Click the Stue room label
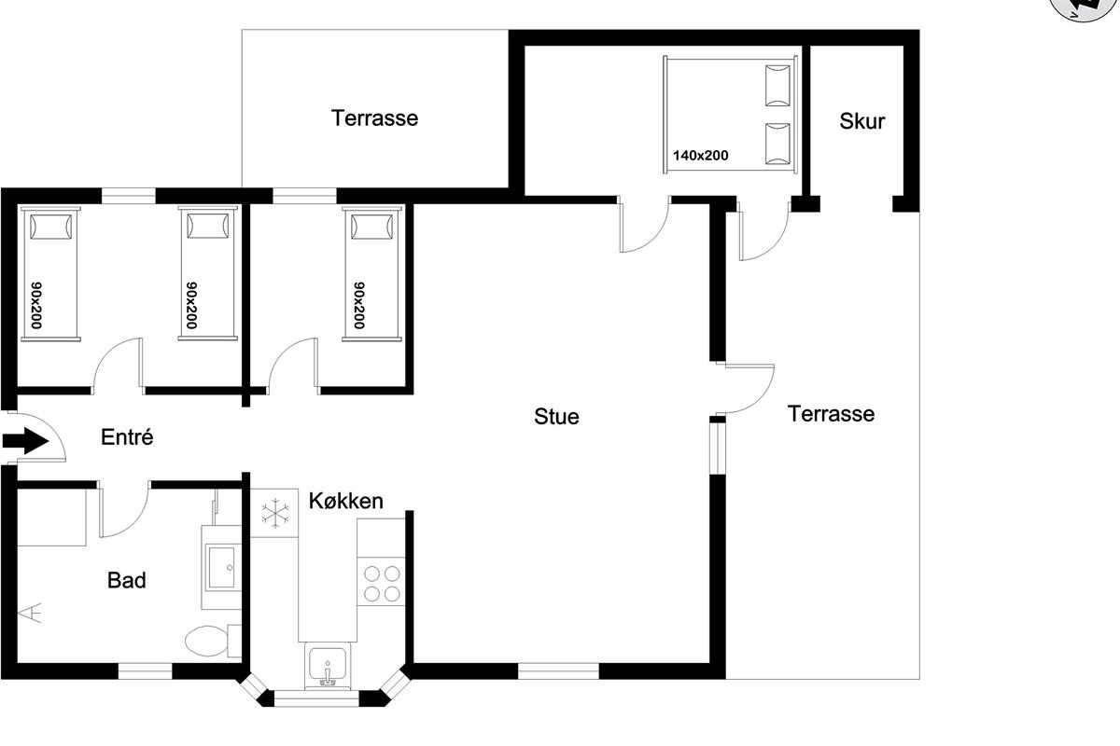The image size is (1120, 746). click(556, 417)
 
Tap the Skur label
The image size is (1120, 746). click(862, 121)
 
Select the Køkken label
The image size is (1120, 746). click(346, 501)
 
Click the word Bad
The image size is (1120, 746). click(127, 581)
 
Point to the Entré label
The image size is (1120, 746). click(127, 437)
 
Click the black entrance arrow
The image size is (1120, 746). click(25, 441)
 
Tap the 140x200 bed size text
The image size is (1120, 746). click(701, 156)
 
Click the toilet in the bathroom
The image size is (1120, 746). click(213, 641)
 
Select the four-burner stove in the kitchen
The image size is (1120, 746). click(382, 583)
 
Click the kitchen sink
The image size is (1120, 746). click(328, 665)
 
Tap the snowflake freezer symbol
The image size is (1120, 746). click(275, 513)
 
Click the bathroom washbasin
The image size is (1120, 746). click(221, 568)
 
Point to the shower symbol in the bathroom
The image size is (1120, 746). click(31, 613)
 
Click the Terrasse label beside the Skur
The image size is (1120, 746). click(831, 414)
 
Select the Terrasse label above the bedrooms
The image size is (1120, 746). click(374, 118)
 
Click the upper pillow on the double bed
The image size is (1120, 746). click(778, 86)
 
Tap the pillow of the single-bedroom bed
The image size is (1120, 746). click(371, 227)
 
